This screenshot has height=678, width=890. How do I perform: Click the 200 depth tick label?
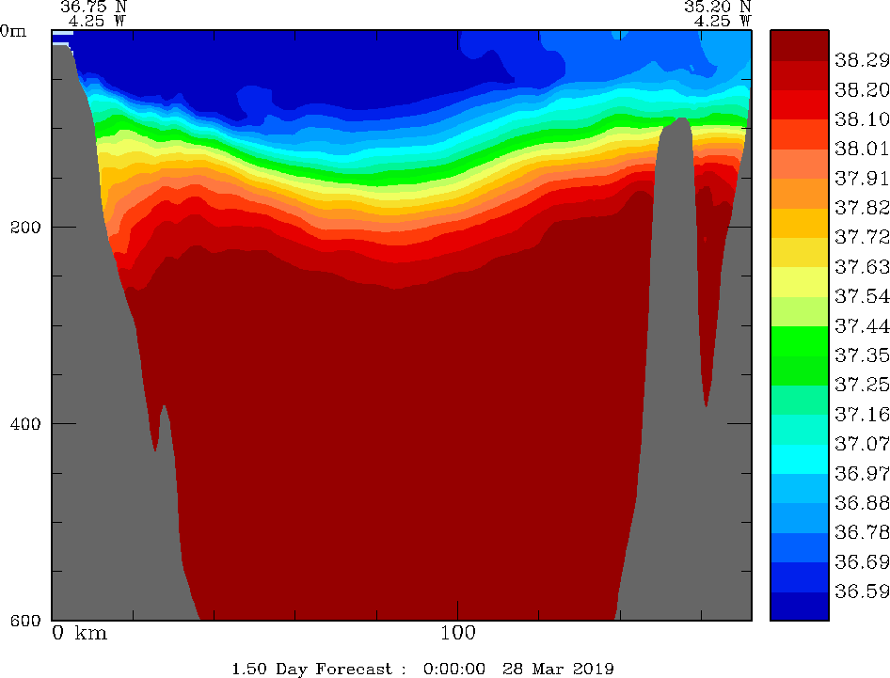click(x=25, y=227)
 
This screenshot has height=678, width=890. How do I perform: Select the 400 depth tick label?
click(x=25, y=423)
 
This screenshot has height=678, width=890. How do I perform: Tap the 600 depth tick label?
click(x=25, y=620)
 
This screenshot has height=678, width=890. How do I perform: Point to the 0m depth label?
click(x=13, y=30)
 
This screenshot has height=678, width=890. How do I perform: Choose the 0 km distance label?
click(x=79, y=634)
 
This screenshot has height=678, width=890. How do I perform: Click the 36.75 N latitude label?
click(x=93, y=7)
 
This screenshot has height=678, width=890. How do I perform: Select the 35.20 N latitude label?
click(x=718, y=7)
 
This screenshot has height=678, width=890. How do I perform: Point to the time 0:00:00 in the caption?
click(x=454, y=669)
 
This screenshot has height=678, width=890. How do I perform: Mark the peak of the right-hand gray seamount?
click(x=680, y=118)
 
